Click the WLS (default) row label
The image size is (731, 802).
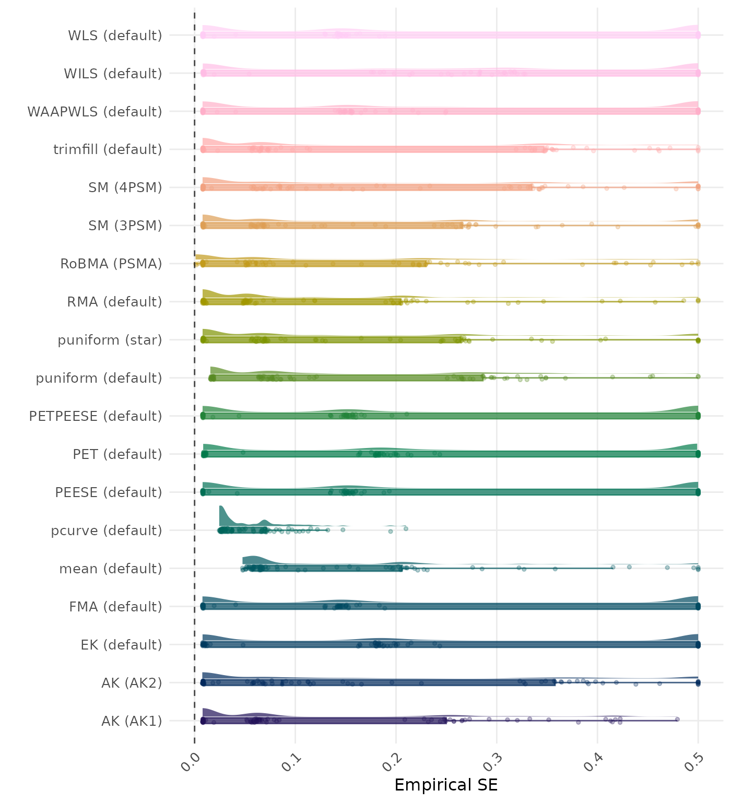(115, 36)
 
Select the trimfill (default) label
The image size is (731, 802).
(108, 150)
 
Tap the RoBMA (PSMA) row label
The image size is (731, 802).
(111, 264)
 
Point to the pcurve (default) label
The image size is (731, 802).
(107, 531)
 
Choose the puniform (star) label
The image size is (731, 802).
(110, 340)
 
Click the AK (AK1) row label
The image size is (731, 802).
(132, 722)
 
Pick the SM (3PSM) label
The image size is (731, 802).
(125, 226)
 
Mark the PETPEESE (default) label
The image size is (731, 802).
(96, 417)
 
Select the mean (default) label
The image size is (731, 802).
(111, 569)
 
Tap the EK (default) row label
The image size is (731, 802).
(121, 645)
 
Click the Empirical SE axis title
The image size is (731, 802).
(446, 785)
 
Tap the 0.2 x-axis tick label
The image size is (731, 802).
(391, 762)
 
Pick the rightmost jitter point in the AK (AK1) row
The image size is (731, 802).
(677, 719)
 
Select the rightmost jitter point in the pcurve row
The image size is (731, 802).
(406, 529)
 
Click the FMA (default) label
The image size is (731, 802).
(115, 607)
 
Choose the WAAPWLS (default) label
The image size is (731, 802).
(95, 112)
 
